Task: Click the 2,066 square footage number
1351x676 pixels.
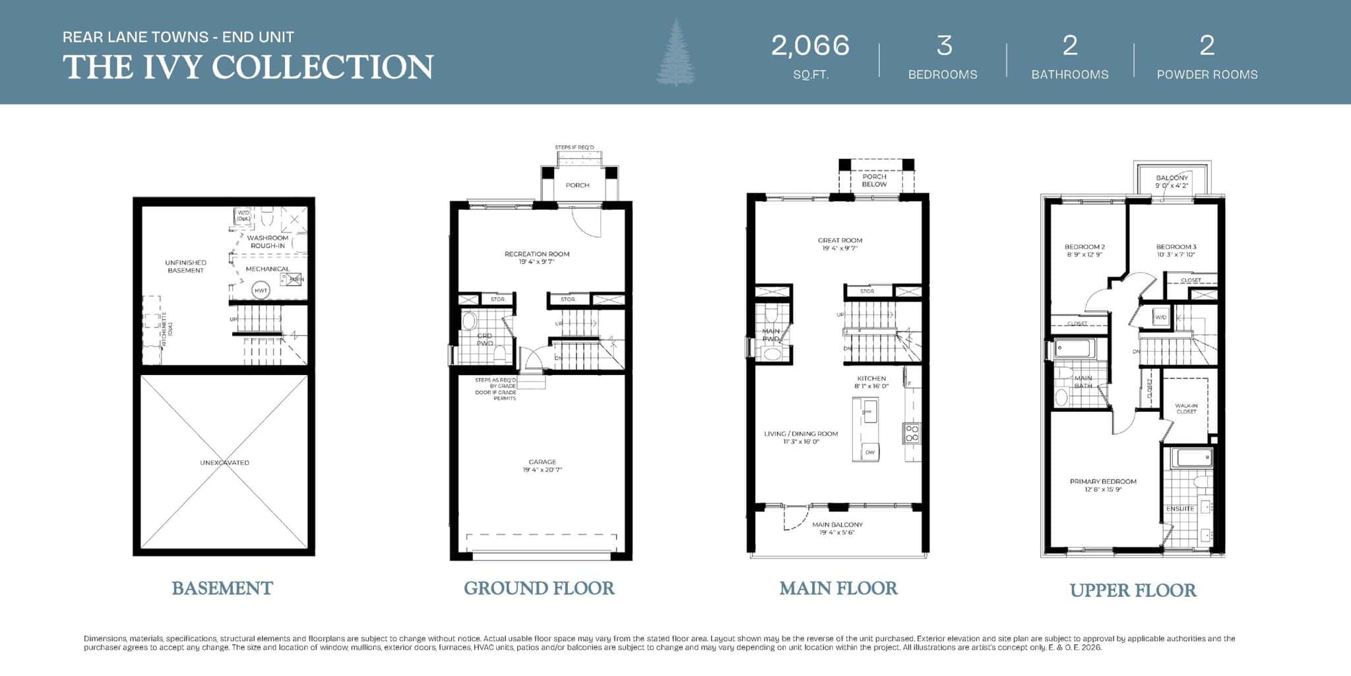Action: [810, 46]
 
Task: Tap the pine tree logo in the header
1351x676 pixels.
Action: [675, 53]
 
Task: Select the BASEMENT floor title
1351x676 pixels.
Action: [222, 588]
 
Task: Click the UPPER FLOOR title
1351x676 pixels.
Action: [1133, 590]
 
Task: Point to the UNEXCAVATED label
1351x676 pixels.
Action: [224, 463]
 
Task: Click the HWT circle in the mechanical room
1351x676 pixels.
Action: [261, 290]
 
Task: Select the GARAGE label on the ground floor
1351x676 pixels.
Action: [542, 462]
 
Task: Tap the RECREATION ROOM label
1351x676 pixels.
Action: [537, 254]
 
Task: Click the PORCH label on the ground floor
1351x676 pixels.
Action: [577, 186]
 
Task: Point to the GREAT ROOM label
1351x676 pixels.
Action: [840, 241]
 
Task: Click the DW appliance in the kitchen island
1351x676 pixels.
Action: [870, 452]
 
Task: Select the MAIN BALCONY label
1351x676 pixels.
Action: [837, 525]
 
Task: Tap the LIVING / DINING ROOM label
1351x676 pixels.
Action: [801, 434]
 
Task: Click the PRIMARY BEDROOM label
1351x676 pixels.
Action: [1103, 482]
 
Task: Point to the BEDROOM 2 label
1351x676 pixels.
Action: [1084, 247]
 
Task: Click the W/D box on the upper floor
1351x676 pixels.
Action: [1160, 318]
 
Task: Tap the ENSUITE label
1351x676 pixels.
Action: [1180, 509]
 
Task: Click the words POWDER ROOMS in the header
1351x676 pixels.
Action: [1207, 75]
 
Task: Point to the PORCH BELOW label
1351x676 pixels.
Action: [874, 180]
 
